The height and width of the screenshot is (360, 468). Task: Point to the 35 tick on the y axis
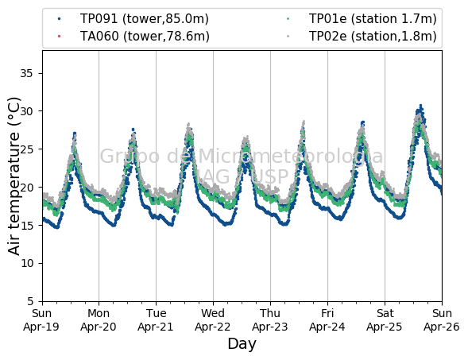[26, 73]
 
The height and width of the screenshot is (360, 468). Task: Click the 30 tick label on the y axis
[26, 111]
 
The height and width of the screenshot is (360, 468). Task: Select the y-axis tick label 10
[26, 263]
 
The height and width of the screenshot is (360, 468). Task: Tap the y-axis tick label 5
[30, 301]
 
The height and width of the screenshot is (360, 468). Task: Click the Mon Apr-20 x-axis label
[99, 320]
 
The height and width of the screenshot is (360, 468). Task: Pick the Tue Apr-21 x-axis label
[156, 320]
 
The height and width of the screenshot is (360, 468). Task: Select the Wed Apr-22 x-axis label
[213, 320]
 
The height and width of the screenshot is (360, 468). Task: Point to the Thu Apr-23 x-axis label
[270, 320]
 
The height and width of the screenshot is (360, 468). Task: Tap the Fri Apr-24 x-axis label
[327, 320]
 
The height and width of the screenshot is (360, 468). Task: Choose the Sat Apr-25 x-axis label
[385, 320]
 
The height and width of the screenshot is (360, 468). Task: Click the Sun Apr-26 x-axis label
[442, 320]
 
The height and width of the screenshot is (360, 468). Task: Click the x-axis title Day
[242, 344]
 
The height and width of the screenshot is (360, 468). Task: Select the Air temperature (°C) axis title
[14, 176]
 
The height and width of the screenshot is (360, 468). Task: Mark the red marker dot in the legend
[59, 37]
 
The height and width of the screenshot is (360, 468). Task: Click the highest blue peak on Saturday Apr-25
[421, 106]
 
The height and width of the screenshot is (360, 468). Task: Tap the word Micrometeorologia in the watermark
[282, 156]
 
